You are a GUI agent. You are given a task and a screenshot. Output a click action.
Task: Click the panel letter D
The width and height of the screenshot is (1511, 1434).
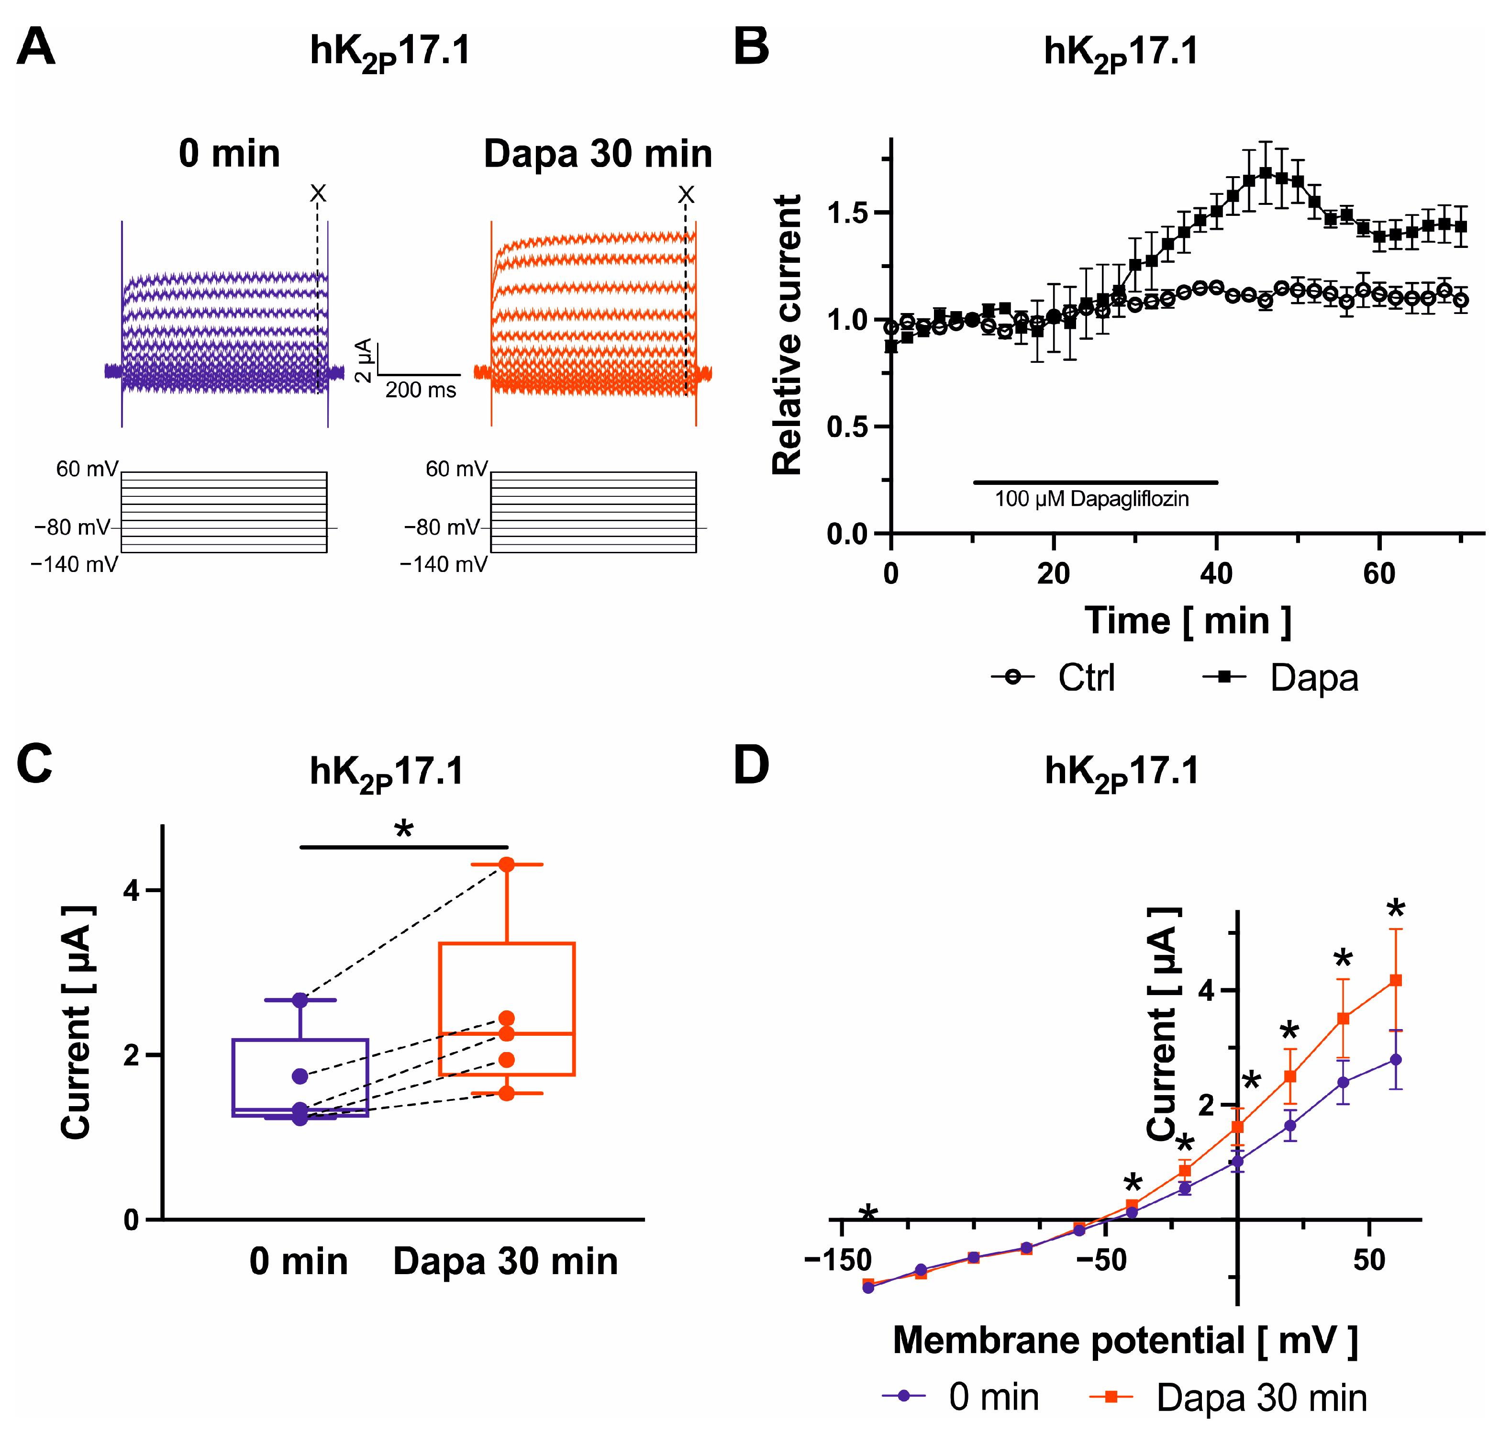[751, 767]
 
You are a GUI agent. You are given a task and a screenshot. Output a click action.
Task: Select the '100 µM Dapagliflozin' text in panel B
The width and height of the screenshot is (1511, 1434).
[1091, 499]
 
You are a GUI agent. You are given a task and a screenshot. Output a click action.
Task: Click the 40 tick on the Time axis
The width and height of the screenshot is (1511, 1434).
[1216, 573]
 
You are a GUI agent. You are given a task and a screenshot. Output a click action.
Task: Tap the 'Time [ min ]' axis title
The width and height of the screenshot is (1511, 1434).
[1189, 621]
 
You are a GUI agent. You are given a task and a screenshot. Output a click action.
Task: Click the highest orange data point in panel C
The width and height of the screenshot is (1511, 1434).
[507, 864]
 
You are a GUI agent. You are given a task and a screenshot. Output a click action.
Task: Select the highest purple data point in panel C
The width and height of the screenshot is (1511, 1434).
[300, 1000]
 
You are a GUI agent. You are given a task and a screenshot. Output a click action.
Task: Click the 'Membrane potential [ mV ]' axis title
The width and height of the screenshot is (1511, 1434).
[1125, 1340]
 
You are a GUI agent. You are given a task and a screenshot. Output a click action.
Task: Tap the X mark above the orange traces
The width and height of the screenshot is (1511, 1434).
[686, 195]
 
